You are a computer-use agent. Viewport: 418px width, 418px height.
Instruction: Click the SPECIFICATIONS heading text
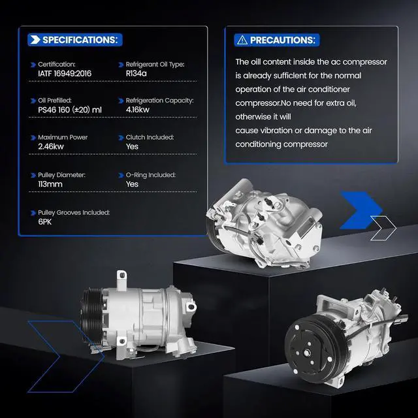point(80,40)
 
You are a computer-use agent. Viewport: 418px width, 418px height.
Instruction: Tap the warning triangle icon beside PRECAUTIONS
point(242,40)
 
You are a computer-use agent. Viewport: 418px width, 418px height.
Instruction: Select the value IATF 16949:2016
point(65,74)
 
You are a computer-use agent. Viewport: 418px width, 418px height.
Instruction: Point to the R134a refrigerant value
point(136,74)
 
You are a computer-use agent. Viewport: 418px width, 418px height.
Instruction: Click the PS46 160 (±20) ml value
point(70,110)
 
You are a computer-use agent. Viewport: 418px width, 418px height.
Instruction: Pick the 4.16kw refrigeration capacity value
point(138,110)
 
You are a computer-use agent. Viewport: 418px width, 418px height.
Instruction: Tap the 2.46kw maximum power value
point(51,146)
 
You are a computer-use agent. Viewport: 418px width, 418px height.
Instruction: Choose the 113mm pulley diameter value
point(50,184)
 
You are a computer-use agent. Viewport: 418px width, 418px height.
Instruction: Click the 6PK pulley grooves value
point(45,221)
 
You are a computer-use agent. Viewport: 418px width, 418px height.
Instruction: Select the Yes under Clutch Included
point(132,146)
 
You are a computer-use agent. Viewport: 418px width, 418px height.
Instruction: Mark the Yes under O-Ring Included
point(132,184)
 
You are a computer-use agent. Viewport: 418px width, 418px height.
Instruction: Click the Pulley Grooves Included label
point(74,212)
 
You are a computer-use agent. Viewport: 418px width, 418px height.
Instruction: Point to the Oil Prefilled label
point(55,100)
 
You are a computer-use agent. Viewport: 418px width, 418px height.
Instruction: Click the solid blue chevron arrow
point(361,210)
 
